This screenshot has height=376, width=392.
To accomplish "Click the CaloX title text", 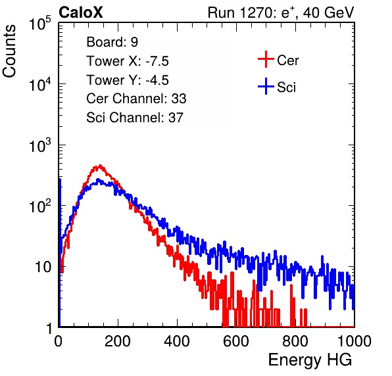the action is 81,12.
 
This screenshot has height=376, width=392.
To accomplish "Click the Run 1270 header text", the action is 281,12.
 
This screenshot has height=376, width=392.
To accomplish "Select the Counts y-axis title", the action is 9,51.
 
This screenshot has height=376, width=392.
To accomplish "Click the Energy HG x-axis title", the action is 310,360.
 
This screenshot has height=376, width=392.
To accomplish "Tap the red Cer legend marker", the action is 266,59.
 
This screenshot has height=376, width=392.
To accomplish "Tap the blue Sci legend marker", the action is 266,86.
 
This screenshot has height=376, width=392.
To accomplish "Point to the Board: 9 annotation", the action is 112,42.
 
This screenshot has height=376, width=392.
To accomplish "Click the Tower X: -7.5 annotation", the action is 128,61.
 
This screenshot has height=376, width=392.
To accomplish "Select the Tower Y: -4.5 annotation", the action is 128,80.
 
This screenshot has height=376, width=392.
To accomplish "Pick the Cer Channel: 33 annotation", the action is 136,99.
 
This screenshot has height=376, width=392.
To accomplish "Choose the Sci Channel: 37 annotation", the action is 135,118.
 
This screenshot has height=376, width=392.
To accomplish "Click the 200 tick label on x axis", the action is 118,341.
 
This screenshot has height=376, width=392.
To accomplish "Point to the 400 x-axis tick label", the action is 177,341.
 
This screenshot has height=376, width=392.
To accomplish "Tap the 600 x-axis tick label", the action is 236,341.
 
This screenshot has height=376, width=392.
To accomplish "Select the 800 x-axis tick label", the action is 295,341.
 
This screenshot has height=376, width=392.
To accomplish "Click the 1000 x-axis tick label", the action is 355,341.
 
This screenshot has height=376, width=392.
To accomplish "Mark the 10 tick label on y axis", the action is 43,267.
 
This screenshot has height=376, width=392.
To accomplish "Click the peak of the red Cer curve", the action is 100,166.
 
